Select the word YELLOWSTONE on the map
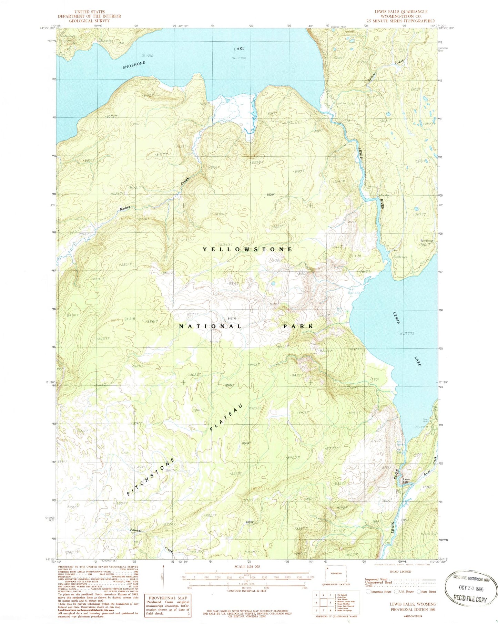248,249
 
